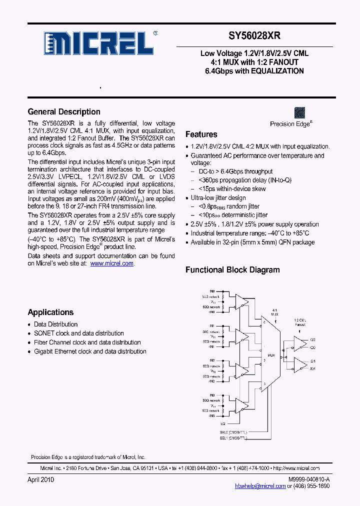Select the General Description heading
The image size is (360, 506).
(x=64, y=111)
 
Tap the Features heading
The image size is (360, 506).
(x=201, y=134)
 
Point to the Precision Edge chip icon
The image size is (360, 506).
(x=300, y=112)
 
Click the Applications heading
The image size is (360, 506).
(x=50, y=312)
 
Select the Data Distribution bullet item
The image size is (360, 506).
(x=55, y=324)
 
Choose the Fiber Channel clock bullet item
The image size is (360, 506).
(x=87, y=342)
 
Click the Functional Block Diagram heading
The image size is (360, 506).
(x=232, y=269)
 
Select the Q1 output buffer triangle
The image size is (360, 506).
(x=299, y=364)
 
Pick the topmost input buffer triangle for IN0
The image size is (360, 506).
(x=242, y=301)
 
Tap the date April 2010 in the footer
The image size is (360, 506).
(x=40, y=479)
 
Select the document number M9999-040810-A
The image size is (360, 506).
(x=308, y=479)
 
